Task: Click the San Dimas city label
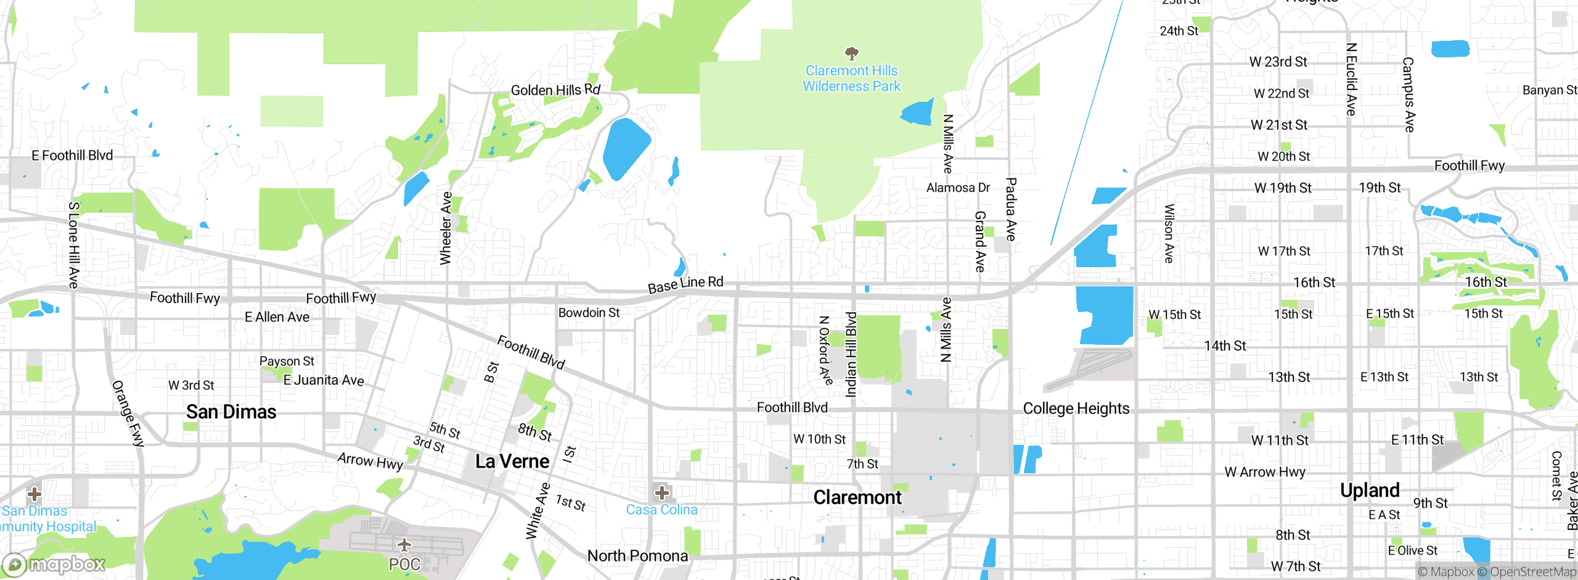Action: (x=231, y=412)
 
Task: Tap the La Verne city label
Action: (x=512, y=461)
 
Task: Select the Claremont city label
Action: (x=857, y=497)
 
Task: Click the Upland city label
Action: (x=1370, y=490)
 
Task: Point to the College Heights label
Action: (x=1076, y=408)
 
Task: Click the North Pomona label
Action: (x=637, y=555)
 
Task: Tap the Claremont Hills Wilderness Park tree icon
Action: (x=852, y=54)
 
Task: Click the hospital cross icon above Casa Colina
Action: (x=662, y=492)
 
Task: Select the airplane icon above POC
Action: (x=404, y=545)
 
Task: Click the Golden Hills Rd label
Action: (x=555, y=90)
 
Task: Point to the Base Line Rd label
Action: (x=685, y=284)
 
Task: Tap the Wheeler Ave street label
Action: (x=446, y=228)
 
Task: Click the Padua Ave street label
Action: (x=1011, y=209)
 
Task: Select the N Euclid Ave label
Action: (x=1351, y=79)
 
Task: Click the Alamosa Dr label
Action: (x=958, y=188)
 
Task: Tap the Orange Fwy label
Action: (x=128, y=413)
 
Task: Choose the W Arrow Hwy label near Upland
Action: (x=1265, y=472)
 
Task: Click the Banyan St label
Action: (x=1549, y=90)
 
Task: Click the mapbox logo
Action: (x=54, y=564)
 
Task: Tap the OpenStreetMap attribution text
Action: (x=1532, y=572)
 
